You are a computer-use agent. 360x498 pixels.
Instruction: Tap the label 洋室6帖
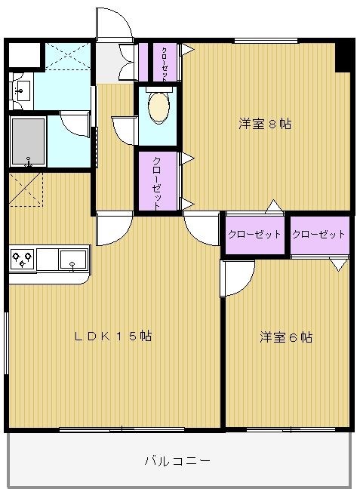pyautogui.click(x=286, y=337)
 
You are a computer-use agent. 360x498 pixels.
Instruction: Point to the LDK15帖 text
pyautogui.click(x=113, y=337)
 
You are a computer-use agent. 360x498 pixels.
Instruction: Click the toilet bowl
pyautogui.click(x=158, y=108)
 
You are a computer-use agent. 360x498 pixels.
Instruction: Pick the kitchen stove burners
pyautogui.click(x=22, y=260)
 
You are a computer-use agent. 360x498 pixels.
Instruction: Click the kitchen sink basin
pyautogui.click(x=72, y=259)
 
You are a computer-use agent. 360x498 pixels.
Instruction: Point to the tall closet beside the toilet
pyautogui.click(x=155, y=181)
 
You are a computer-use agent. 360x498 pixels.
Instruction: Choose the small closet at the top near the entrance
pyautogui.click(x=165, y=63)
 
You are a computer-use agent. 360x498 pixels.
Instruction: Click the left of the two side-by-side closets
pyautogui.click(x=254, y=235)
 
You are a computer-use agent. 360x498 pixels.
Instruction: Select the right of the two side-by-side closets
pyautogui.click(x=319, y=235)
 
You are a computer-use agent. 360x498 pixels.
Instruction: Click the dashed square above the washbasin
pyautogui.click(x=66, y=56)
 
